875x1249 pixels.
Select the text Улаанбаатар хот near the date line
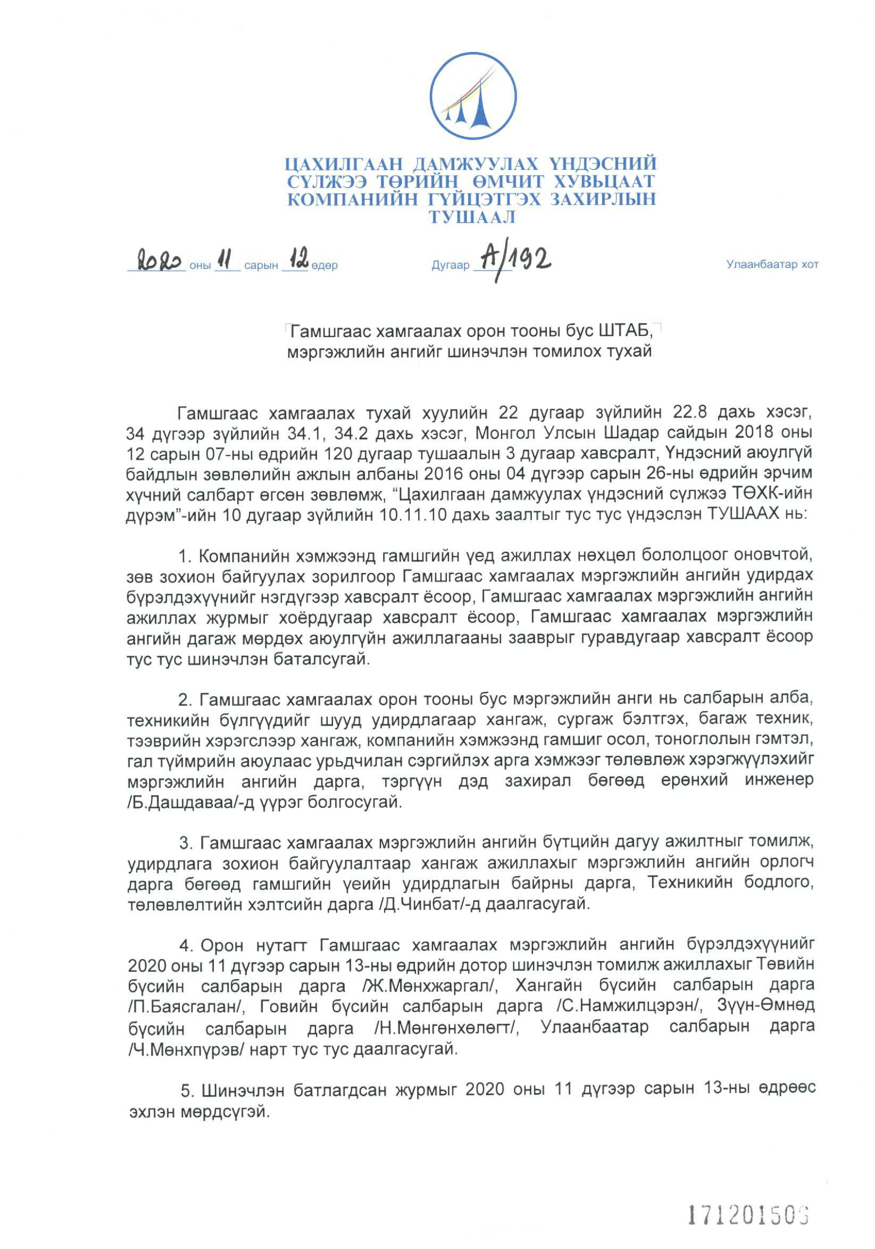coord(771,265)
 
